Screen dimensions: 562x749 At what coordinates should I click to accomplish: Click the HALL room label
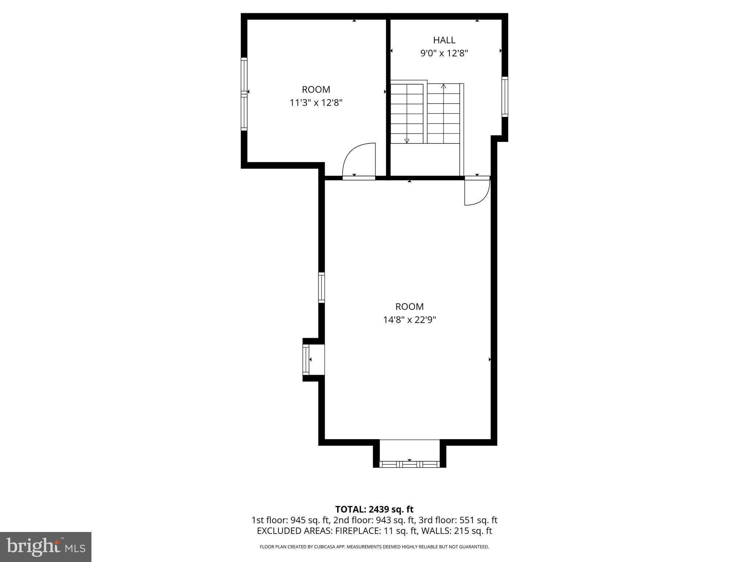pyautogui.click(x=444, y=40)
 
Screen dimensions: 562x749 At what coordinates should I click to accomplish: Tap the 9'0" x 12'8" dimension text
pyautogui.click(x=444, y=53)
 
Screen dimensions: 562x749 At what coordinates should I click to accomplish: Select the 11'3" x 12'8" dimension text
pyautogui.click(x=316, y=103)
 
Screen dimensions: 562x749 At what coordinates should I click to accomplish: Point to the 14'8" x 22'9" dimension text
pyautogui.click(x=410, y=320)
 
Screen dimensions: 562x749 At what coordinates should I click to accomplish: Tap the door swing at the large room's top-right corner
pyautogui.click(x=477, y=191)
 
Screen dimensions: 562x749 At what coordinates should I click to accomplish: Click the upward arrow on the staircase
pyautogui.click(x=444, y=87)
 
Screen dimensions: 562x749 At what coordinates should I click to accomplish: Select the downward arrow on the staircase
pyautogui.click(x=407, y=140)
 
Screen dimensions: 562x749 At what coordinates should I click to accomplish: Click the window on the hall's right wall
pyautogui.click(x=505, y=97)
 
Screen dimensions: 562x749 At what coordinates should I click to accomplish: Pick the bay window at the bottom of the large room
pyautogui.click(x=410, y=464)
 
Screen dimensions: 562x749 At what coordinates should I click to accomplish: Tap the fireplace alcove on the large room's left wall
pyautogui.click(x=314, y=360)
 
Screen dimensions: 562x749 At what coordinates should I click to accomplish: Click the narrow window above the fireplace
pyautogui.click(x=321, y=287)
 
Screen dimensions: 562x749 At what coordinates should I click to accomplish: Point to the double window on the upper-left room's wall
pyautogui.click(x=244, y=94)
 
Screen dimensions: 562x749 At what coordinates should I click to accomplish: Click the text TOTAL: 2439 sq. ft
pyautogui.click(x=374, y=509)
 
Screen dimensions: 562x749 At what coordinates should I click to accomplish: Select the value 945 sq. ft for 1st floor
pyautogui.click(x=311, y=520)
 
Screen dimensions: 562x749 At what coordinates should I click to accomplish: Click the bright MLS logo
pyautogui.click(x=46, y=547)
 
